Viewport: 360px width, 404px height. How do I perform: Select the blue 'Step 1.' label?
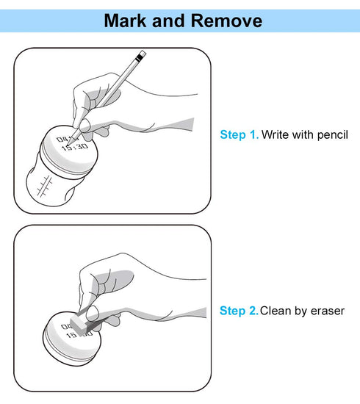click(239, 134)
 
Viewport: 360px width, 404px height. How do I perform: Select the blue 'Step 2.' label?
click(239, 311)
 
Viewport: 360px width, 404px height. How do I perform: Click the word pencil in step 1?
click(332, 135)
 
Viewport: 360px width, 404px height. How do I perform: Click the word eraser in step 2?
click(328, 311)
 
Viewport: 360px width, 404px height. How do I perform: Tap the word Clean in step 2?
click(276, 311)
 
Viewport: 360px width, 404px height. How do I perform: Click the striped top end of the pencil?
click(142, 55)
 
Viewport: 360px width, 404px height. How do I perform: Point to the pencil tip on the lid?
click(68, 143)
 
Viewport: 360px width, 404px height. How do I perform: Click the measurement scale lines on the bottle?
click(44, 186)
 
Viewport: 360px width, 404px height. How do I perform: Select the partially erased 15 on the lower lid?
click(71, 335)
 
